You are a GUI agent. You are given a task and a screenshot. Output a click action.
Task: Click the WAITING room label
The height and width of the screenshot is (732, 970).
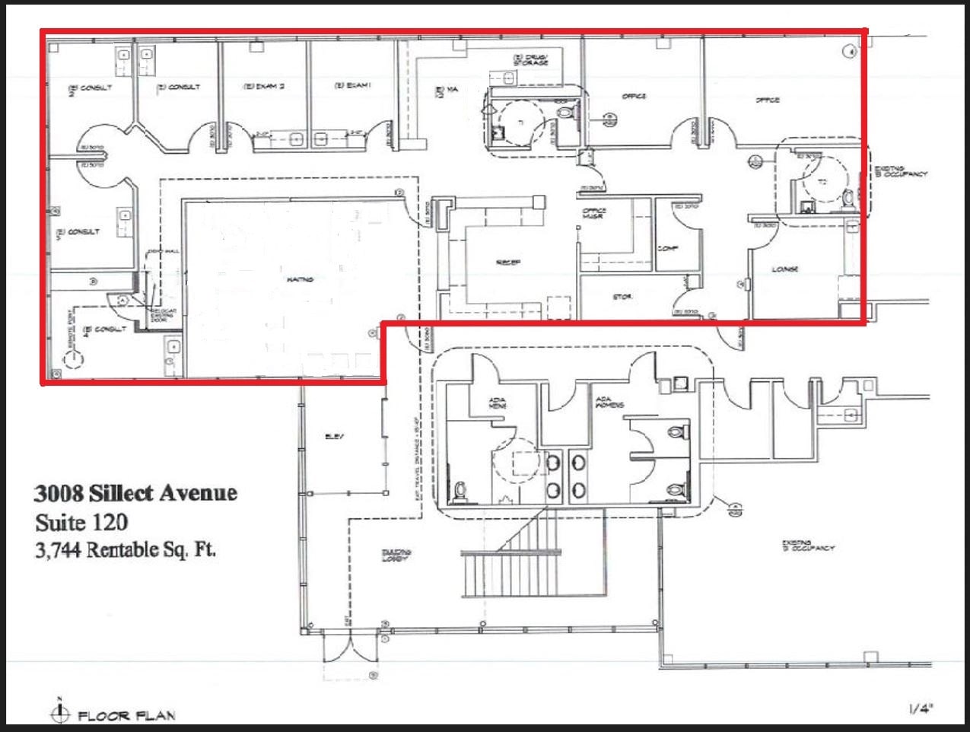tap(301, 279)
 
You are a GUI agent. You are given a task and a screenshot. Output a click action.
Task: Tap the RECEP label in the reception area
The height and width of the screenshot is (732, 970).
tap(507, 262)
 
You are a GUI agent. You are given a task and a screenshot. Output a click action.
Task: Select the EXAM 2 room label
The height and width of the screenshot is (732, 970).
tap(263, 87)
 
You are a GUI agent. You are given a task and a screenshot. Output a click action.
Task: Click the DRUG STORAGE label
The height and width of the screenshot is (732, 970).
tap(530, 59)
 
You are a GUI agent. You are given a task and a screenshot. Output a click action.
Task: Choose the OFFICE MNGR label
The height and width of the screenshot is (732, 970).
tap(594, 214)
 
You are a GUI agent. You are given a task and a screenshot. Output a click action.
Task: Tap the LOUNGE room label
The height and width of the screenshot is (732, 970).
tap(784, 269)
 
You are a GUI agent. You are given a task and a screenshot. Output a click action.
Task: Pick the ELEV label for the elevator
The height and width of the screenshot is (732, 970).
tap(334, 436)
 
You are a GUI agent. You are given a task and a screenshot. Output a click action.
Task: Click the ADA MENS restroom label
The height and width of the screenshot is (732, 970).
tap(499, 402)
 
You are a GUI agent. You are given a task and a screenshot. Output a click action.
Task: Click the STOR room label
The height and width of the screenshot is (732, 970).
tap(622, 297)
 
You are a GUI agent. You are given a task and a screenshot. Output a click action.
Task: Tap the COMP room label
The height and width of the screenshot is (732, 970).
tap(668, 248)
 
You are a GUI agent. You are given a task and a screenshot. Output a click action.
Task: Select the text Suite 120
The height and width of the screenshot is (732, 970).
tap(81, 522)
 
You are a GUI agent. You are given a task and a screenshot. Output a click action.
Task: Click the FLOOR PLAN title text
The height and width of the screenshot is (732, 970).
tap(126, 715)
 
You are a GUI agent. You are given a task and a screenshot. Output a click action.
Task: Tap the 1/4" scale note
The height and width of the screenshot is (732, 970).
tap(921, 709)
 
